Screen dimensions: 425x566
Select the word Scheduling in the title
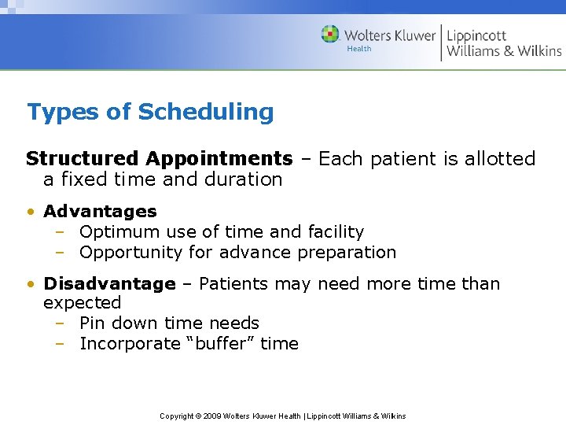click(x=206, y=112)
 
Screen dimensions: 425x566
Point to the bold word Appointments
click(x=230, y=159)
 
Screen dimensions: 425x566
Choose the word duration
click(x=243, y=179)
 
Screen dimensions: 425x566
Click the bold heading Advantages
click(x=100, y=211)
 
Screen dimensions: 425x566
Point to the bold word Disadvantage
click(x=109, y=283)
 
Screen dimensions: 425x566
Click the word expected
click(x=82, y=303)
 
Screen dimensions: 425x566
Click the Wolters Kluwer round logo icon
click(x=330, y=35)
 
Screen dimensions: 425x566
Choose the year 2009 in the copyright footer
click(x=212, y=416)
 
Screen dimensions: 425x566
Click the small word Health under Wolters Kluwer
click(x=359, y=49)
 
